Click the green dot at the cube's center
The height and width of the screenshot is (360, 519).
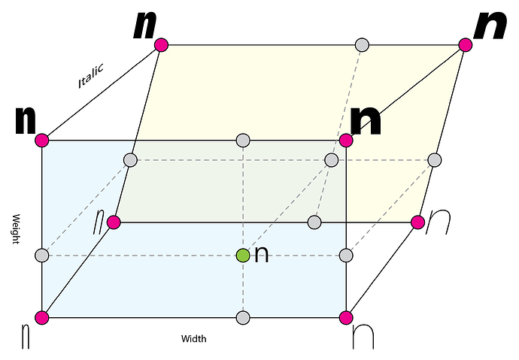(243, 256)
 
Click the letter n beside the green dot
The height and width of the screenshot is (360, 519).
(262, 255)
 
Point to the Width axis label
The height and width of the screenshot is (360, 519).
(193, 339)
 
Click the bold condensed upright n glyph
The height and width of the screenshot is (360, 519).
(26, 120)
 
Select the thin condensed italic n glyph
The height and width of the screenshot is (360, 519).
(99, 222)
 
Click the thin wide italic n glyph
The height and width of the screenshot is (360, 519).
(439, 222)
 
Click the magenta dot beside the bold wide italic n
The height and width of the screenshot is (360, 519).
(465, 45)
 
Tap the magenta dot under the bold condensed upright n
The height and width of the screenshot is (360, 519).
(42, 141)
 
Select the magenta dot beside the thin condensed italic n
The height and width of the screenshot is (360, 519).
(114, 222)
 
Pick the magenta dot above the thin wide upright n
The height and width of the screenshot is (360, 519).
(346, 317)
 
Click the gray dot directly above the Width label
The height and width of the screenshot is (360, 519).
(243, 317)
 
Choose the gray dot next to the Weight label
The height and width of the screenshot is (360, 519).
(42, 256)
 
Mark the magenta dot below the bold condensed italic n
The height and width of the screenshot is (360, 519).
(160, 45)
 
